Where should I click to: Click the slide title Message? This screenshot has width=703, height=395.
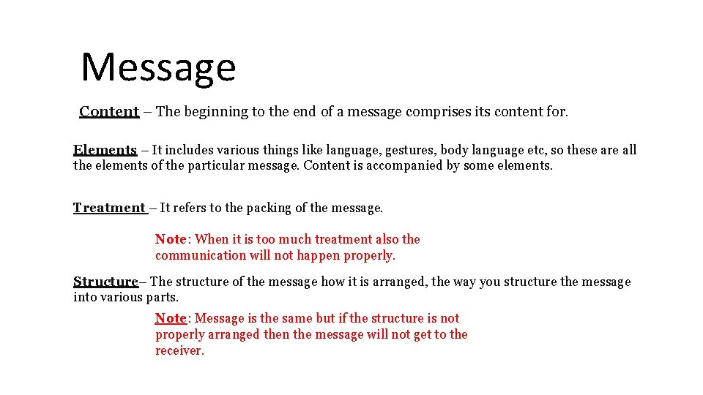(x=158, y=67)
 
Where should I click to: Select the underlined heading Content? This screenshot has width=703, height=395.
(x=109, y=112)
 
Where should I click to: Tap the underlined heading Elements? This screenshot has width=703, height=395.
(x=105, y=150)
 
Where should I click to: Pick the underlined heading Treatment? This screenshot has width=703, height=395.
(x=109, y=208)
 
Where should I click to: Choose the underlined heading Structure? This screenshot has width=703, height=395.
(x=105, y=282)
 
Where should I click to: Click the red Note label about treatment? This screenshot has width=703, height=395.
(x=171, y=239)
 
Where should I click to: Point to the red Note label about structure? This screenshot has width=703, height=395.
(x=171, y=318)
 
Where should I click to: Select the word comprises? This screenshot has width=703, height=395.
(x=410, y=112)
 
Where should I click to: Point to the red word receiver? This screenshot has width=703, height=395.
(x=179, y=350)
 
